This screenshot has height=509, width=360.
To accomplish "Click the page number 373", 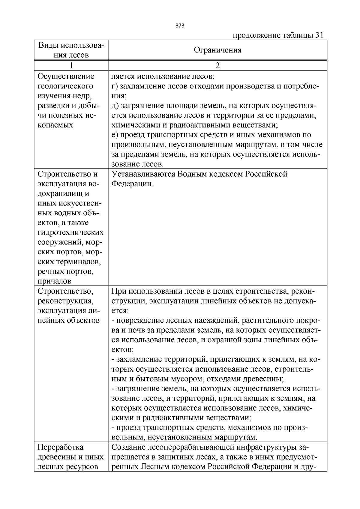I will click(180, 25).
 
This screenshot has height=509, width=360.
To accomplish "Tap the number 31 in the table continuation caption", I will click(319, 35).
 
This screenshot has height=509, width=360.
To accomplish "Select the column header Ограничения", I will click(217, 50).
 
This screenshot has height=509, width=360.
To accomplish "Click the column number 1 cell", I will click(71, 65).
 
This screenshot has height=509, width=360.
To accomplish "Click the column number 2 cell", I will click(217, 65).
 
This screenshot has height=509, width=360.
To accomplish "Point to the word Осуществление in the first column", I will click(66, 76).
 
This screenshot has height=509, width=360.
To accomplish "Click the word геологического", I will click(65, 86).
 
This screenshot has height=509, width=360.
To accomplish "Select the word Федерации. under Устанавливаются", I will click(132, 184).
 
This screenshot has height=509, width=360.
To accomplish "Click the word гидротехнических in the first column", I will click(71, 232).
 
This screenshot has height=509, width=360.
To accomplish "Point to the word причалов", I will click(55, 281).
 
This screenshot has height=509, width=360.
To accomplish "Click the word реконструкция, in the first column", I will click(65, 301).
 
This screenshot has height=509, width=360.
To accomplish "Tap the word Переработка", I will click(61, 447).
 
